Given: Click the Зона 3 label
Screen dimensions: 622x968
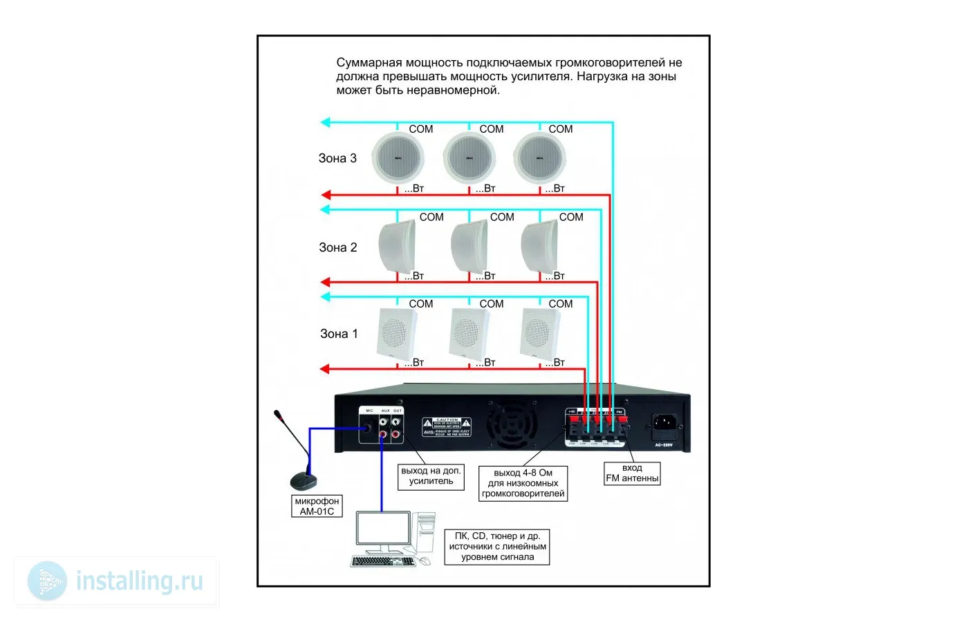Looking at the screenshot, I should tap(337, 158).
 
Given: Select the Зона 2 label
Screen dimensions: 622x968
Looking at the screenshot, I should tap(337, 247).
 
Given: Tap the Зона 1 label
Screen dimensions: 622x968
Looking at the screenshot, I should tap(339, 334).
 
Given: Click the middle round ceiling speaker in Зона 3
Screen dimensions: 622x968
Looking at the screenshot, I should tap(469, 158).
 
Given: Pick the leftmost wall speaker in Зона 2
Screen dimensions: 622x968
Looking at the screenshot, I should tap(398, 246).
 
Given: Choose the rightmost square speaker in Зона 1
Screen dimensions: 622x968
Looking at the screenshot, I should tap(539, 332).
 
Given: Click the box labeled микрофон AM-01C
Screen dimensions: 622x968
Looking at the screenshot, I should tap(317, 506).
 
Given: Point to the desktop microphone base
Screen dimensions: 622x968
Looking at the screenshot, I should tap(303, 481).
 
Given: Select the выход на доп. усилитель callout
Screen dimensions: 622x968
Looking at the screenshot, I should tap(431, 476).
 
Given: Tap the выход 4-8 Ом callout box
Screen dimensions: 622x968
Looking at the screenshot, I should tap(523, 483).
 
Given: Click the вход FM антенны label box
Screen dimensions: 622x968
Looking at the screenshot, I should tap(632, 473).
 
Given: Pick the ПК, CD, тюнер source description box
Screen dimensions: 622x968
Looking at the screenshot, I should tap(497, 546).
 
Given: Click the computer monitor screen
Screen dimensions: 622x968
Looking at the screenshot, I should tap(382, 529).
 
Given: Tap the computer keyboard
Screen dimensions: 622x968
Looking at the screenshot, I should tap(384, 561).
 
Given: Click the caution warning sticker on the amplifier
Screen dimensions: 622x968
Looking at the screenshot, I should tap(447, 427).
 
